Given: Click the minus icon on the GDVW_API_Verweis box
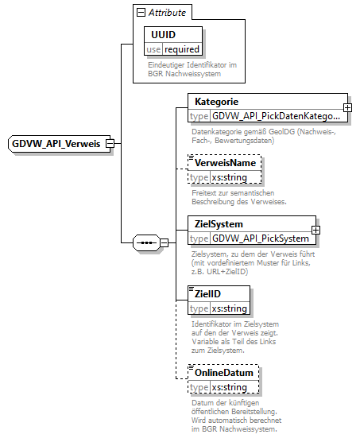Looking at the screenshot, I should coord(110,144).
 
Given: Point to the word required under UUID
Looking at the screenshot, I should coord(182,49).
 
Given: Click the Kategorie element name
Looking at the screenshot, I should coord(217,102).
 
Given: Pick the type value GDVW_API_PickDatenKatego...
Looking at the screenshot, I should coord(275,116).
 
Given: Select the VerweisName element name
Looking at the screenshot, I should coord(226,163).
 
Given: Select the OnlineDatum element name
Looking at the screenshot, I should coord(224,373).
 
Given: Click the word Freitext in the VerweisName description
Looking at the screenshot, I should coord(203,193).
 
